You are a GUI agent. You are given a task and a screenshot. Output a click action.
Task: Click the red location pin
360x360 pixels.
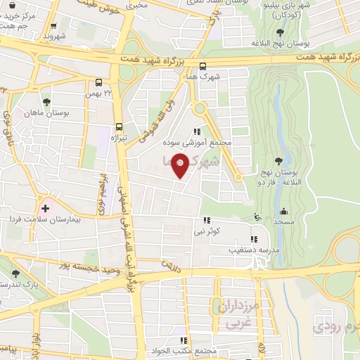point(181,165)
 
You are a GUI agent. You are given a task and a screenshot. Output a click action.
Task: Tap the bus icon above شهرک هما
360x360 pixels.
point(202,67)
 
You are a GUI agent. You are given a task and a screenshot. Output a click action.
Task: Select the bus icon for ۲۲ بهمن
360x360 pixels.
point(98,82)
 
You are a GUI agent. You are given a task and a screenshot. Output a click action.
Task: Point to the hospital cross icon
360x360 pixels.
point(46,208)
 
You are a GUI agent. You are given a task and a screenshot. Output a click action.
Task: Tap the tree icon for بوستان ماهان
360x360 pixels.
point(46,102)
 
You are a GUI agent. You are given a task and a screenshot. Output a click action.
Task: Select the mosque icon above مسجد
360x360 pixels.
point(283,211)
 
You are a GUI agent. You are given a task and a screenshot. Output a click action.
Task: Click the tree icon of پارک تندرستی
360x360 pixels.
point(16,274)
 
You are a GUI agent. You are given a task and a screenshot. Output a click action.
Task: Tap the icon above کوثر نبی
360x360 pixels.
point(207,220)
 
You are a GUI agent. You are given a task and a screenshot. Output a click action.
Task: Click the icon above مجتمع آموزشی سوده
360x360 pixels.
point(198,131)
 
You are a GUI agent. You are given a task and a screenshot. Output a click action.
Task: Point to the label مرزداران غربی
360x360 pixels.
point(242,314)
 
